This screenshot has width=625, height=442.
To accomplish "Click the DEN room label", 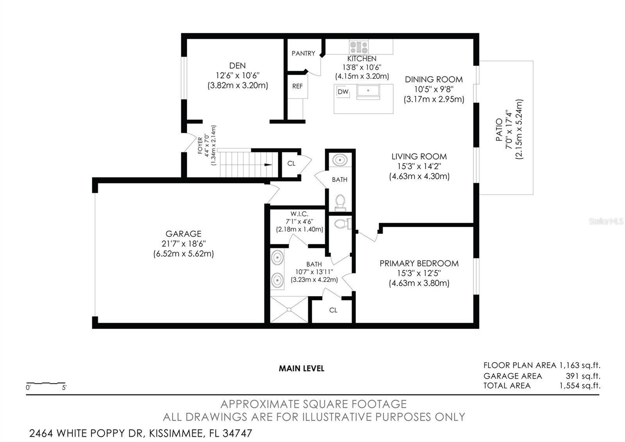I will [x=237, y=66].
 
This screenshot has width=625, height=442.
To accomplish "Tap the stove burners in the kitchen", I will [x=359, y=47].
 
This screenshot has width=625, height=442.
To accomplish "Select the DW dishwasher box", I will [x=343, y=92].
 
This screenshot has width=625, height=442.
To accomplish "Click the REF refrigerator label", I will [x=298, y=86].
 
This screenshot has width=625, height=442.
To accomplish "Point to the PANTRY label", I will [x=303, y=53].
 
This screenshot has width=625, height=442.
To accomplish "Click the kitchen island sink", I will [x=368, y=91].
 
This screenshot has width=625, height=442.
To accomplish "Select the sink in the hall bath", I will [x=340, y=160].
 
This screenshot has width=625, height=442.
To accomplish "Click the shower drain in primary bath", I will [x=289, y=310].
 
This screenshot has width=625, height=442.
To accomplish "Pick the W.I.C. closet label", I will [x=299, y=214].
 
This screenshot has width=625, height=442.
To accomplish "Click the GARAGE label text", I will [x=183, y=234].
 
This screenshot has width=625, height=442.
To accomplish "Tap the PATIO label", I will [x=499, y=130].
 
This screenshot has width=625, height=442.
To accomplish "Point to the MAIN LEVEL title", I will [x=302, y=368].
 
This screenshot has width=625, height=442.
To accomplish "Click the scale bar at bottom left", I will [x=46, y=383].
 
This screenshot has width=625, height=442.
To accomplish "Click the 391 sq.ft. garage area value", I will [x=583, y=376].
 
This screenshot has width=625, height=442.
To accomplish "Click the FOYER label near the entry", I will [x=200, y=146].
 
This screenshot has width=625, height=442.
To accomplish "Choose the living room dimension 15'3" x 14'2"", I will [x=419, y=166].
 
